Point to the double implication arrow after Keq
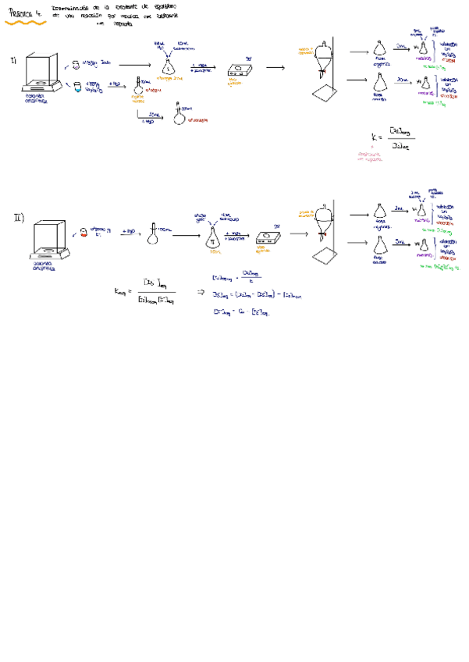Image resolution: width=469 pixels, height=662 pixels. pos(199,292)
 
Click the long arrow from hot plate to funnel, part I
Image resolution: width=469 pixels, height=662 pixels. pos(275,68)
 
